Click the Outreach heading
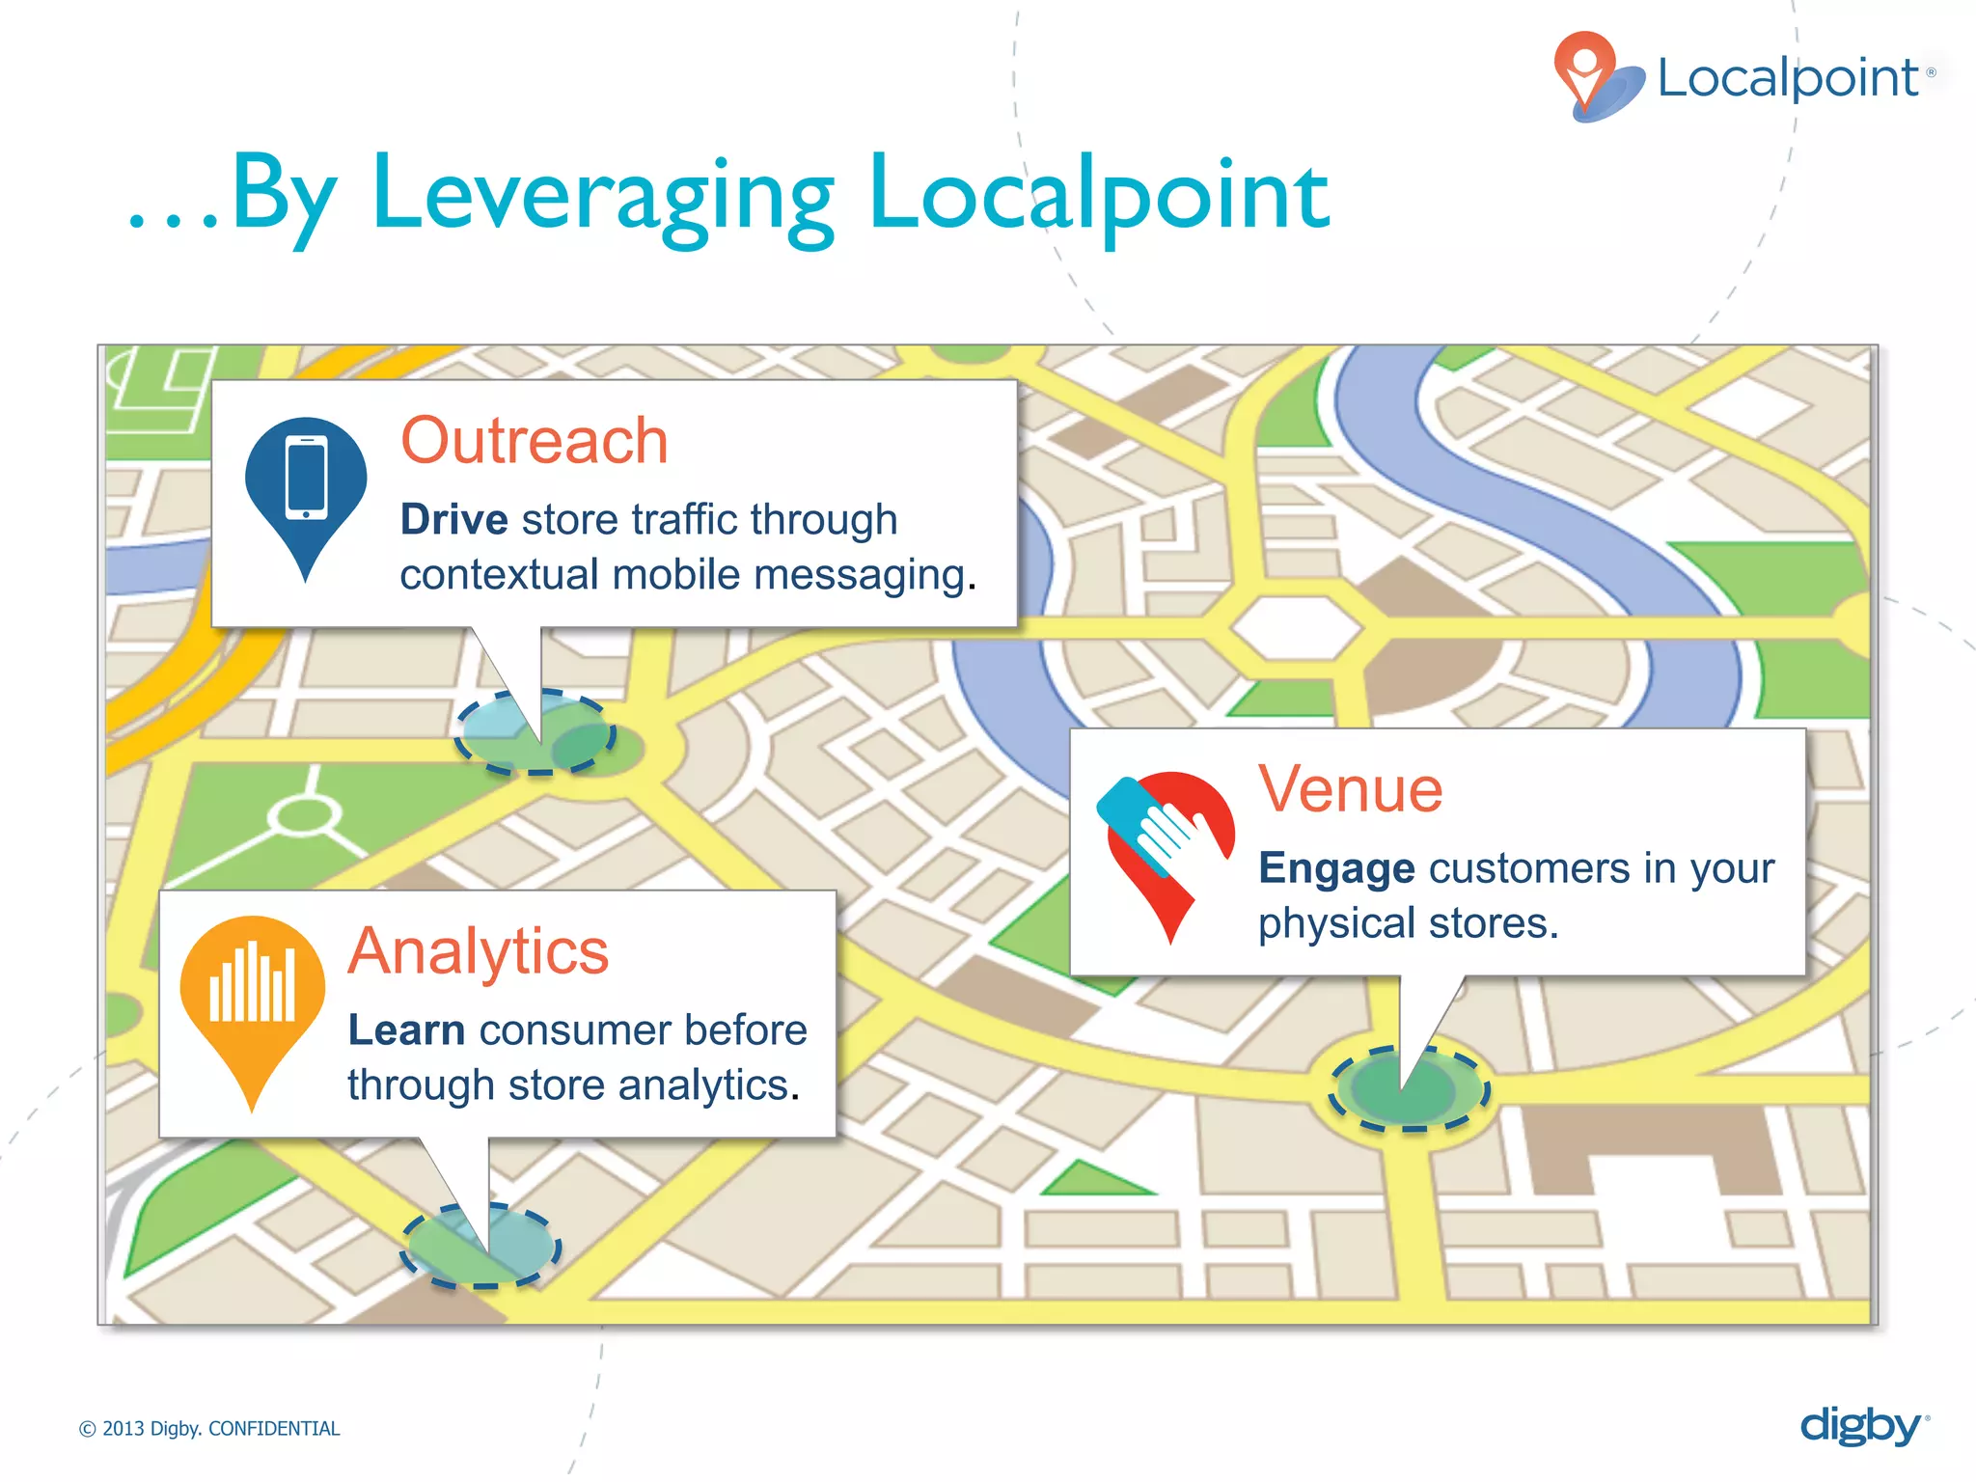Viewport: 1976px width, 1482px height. click(534, 441)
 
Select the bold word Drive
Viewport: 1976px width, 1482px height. click(453, 520)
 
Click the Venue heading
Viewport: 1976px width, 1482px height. click(1350, 789)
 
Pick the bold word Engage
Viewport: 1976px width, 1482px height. click(1336, 868)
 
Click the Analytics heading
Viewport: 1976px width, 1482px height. click(479, 951)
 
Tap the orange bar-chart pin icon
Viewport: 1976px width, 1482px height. click(253, 994)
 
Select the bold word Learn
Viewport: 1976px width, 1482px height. click(406, 1030)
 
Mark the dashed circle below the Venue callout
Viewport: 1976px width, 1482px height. click(1410, 1088)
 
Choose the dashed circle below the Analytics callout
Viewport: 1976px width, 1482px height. click(481, 1246)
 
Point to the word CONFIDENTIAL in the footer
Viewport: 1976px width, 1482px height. click(274, 1429)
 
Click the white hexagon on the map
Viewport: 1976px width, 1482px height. click(1297, 627)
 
